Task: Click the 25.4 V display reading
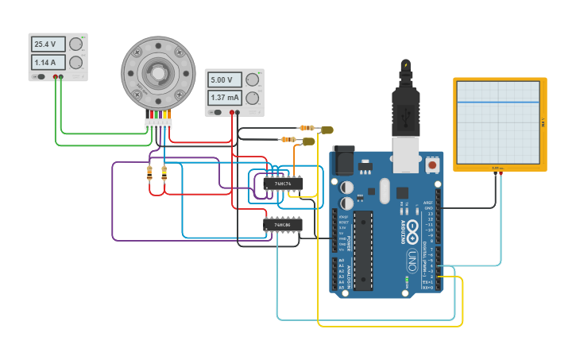click(x=47, y=45)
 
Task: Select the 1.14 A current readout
click(x=47, y=62)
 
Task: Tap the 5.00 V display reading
click(x=223, y=80)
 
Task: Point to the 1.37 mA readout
click(x=224, y=98)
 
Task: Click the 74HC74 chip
click(x=283, y=184)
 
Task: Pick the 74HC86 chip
click(x=283, y=225)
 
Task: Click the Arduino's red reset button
click(x=432, y=165)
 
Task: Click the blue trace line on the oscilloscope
click(x=500, y=102)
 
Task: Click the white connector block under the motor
click(x=158, y=123)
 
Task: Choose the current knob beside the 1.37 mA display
click(x=252, y=98)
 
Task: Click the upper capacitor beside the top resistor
click(x=327, y=130)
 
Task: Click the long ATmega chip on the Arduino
click(x=362, y=250)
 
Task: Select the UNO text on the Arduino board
click(x=412, y=257)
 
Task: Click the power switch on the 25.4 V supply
click(x=37, y=77)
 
